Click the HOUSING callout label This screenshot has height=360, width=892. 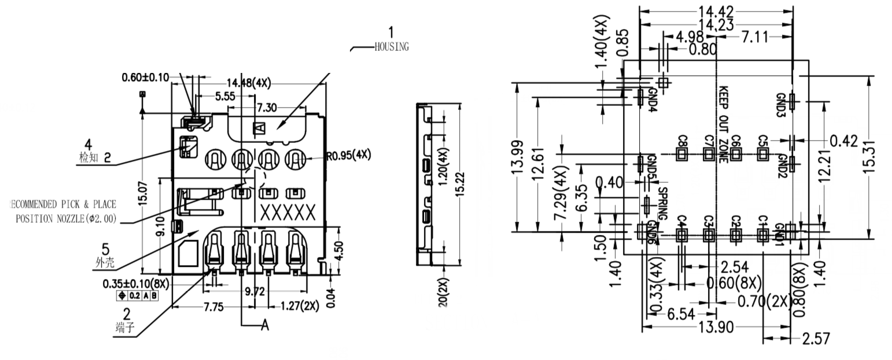[x=392, y=47]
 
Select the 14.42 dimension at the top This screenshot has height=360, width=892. [x=716, y=12]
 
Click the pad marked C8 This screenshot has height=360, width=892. [x=681, y=154]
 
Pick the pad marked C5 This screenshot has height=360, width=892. [x=762, y=154]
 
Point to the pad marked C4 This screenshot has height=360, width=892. [x=681, y=234]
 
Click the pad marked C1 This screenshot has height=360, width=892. [x=762, y=234]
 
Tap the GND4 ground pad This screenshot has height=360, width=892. [x=640, y=97]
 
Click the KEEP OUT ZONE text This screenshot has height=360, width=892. [x=723, y=124]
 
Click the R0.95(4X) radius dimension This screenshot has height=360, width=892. [x=348, y=155]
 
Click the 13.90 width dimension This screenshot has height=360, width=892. [x=716, y=328]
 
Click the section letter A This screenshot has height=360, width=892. [x=265, y=326]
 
